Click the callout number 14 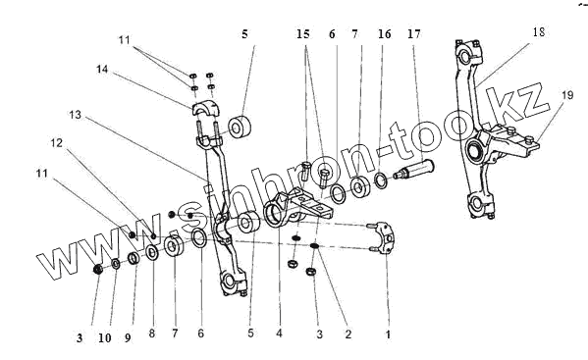click(102, 70)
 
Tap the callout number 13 click(75, 115)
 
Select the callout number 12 click(57, 143)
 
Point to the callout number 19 click(567, 95)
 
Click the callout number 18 click(539, 32)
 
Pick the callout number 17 click(414, 34)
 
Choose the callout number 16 click(385, 34)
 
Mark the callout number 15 click(303, 34)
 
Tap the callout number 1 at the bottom click(388, 334)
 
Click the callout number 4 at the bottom click(279, 334)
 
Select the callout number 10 click(105, 337)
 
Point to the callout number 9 click(128, 337)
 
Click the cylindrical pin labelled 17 click(413, 170)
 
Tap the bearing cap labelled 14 click(207, 108)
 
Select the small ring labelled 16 click(381, 180)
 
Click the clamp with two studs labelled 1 click(383, 237)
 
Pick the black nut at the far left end click(98, 269)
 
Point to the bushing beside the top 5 click(239, 129)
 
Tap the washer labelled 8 click(152, 253)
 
